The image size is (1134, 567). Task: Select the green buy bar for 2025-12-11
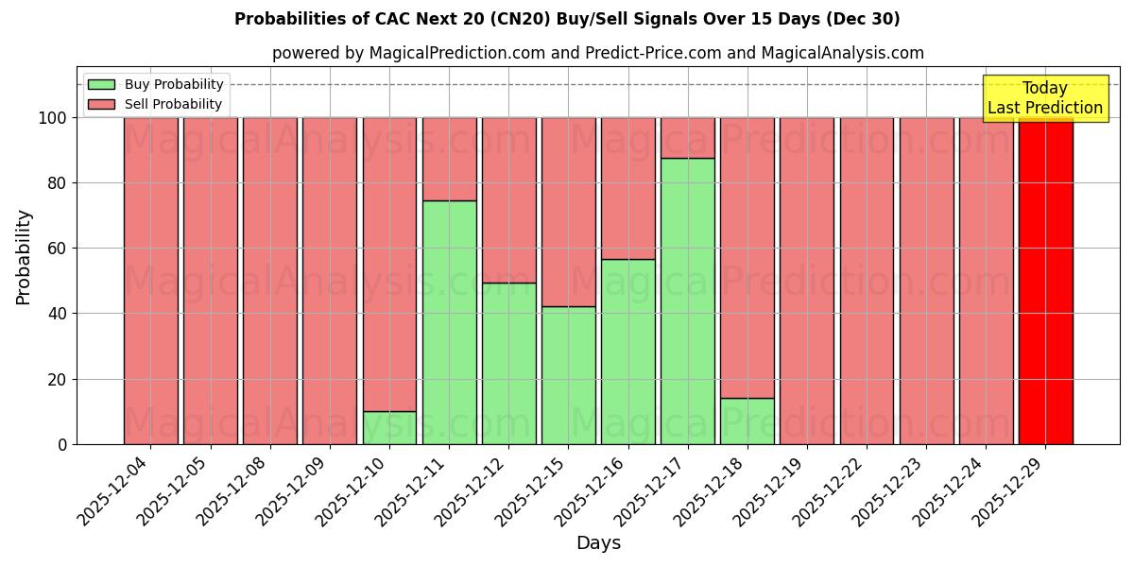tap(449, 322)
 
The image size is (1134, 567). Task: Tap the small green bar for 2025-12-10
tap(389, 427)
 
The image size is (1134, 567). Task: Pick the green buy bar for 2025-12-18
tap(747, 421)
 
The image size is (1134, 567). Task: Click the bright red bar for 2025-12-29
tap(1045, 281)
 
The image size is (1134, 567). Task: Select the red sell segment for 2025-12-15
tap(568, 212)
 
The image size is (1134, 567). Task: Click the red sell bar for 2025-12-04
tap(150, 281)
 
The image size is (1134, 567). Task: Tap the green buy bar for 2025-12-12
tap(508, 363)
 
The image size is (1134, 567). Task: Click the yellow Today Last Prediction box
tap(1044, 98)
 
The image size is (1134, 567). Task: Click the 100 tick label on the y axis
tap(51, 118)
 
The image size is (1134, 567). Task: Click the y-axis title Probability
tap(24, 257)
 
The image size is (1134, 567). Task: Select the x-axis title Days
tap(598, 543)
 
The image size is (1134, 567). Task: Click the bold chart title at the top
tap(567, 19)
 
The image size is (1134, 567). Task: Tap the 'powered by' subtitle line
tap(597, 53)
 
